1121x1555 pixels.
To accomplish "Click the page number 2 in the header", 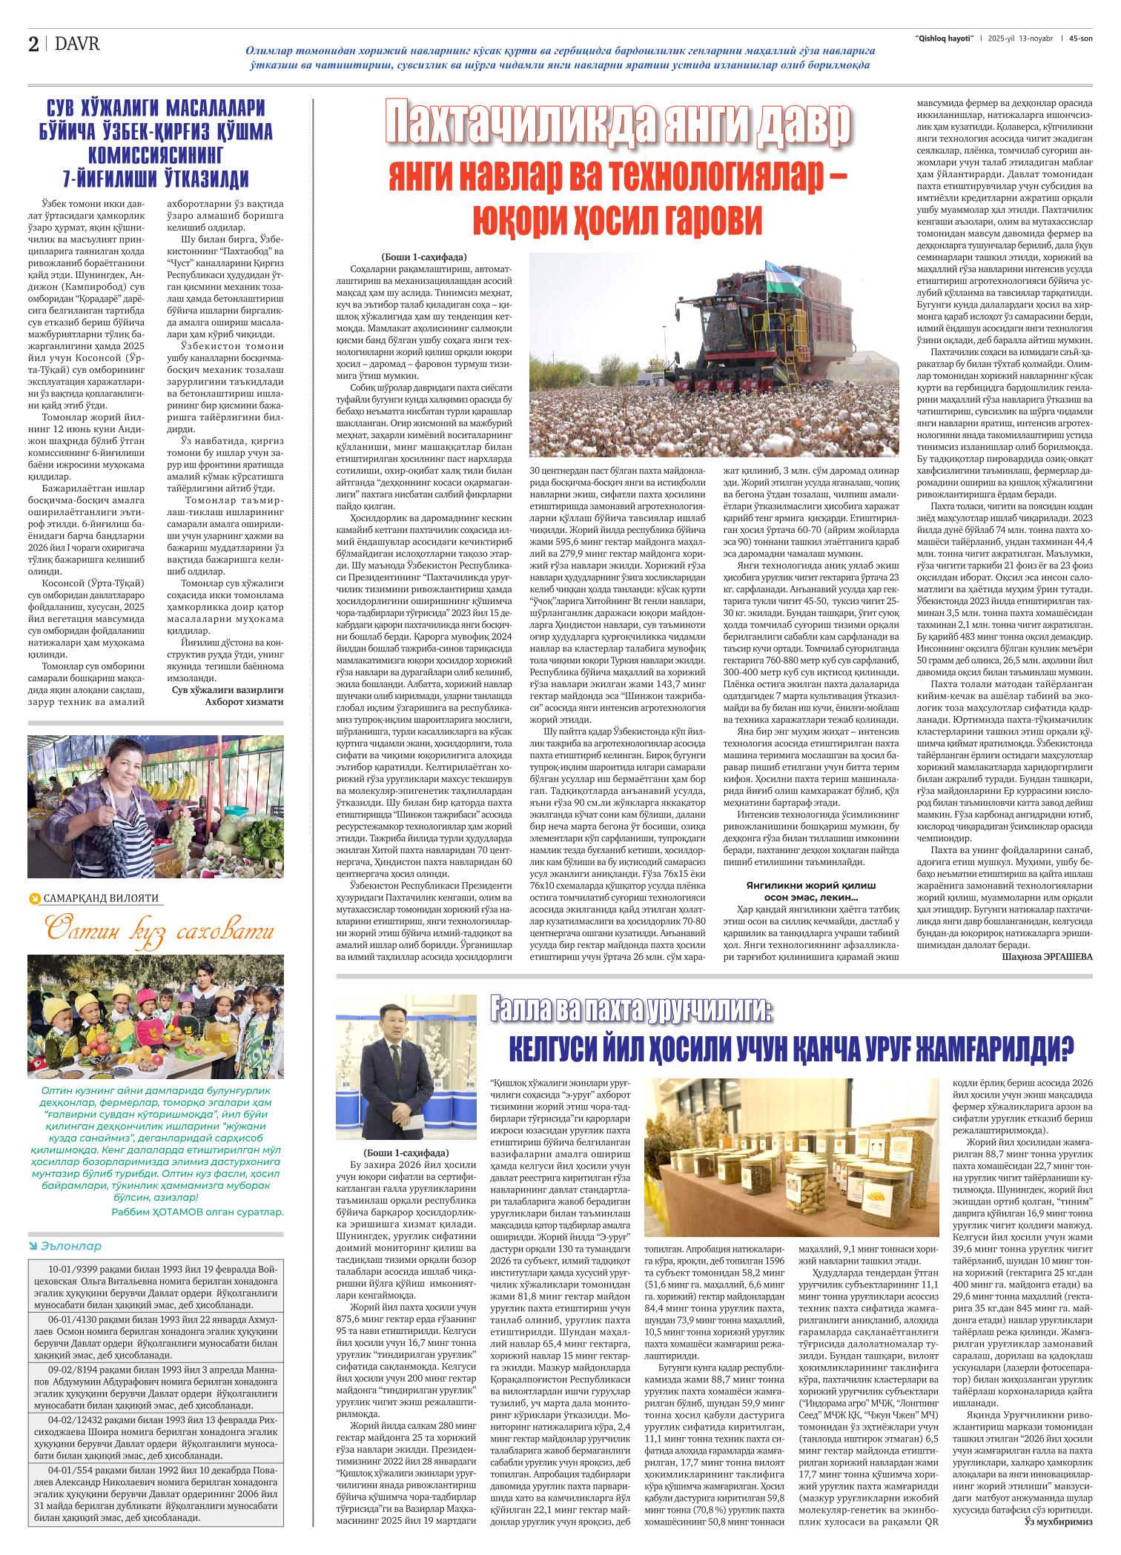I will click(34, 44).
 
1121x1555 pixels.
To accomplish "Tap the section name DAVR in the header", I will click(78, 44).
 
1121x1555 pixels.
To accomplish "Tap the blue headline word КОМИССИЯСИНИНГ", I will click(156, 156).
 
